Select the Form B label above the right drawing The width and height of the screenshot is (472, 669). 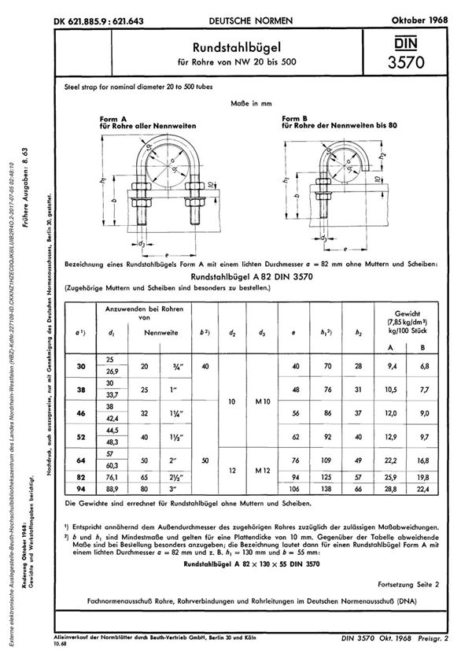coord(299,117)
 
